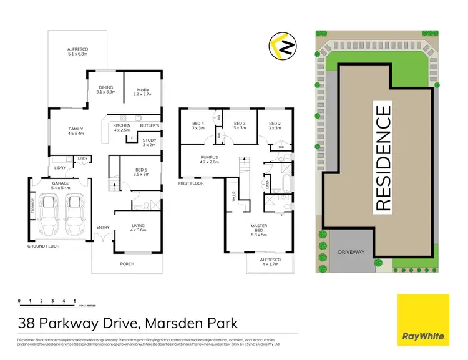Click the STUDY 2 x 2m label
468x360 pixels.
149,143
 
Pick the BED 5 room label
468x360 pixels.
142,172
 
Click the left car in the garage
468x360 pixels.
49,213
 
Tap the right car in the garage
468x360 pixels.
75,213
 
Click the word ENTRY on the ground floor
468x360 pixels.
103,227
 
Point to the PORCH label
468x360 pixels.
127,263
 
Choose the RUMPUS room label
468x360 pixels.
209,160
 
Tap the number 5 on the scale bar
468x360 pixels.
75,301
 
